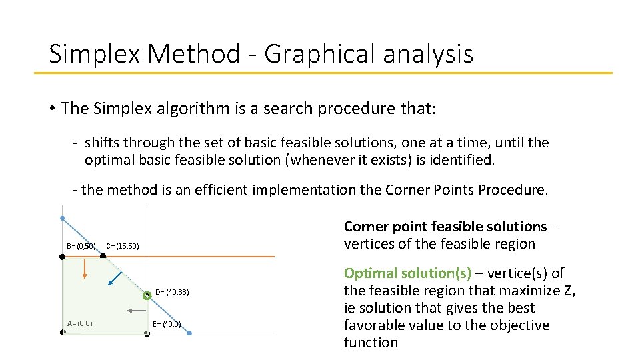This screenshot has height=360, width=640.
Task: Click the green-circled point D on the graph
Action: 147,295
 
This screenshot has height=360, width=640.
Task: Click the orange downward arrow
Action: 85,269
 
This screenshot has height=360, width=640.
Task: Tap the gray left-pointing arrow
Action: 136,310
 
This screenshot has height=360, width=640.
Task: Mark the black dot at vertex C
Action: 103,256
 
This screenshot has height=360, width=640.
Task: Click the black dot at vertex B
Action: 62,256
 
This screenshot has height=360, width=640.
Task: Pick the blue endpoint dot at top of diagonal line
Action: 62,218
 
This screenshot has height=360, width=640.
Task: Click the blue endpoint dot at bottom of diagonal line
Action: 189,332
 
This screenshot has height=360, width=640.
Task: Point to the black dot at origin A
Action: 62,332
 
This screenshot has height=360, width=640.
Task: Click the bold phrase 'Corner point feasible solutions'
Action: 445,227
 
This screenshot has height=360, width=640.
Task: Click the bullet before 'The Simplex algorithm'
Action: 52,109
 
